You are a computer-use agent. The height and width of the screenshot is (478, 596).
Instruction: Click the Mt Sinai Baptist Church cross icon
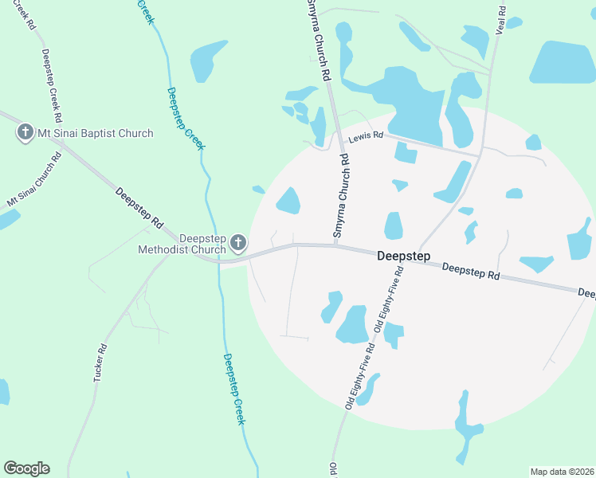pos(25,133)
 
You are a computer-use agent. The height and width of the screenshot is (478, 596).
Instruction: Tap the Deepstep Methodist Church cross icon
pos(237,242)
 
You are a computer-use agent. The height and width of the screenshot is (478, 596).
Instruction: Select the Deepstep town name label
pos(403,256)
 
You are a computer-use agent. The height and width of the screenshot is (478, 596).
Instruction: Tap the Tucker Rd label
pos(100,362)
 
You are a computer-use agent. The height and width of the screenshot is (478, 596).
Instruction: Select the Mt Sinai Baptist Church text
pos(96,133)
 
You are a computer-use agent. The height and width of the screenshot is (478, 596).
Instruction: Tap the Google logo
pos(26,468)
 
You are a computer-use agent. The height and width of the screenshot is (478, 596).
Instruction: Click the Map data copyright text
pos(561,471)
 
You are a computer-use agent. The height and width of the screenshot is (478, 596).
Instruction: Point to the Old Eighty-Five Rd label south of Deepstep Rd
pos(360,374)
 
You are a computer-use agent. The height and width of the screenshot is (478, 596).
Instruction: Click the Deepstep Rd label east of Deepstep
pos(470,272)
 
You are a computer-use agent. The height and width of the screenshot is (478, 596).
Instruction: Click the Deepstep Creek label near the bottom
pos(233,389)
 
